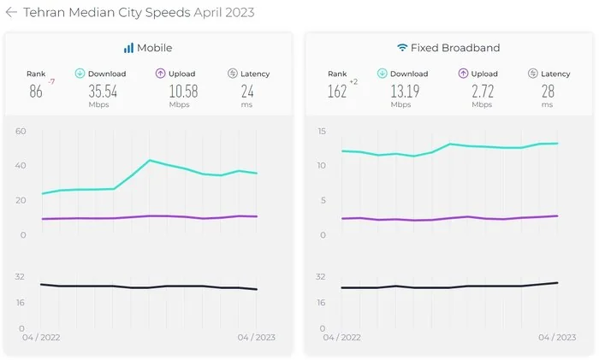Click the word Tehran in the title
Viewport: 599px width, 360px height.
point(45,13)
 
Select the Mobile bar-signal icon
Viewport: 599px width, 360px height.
point(128,48)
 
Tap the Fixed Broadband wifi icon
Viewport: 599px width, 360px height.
point(402,48)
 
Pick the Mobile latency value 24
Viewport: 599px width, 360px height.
point(247,91)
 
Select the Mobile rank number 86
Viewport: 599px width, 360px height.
point(35,91)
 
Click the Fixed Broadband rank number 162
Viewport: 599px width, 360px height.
point(337,91)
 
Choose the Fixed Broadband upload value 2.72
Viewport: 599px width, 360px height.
point(482,91)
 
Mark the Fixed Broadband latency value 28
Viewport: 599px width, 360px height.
point(547,91)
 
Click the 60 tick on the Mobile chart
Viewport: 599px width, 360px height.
point(21,131)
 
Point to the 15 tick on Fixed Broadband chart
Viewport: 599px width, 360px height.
point(321,131)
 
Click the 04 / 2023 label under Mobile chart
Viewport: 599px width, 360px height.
point(255,338)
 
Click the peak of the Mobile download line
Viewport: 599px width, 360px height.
point(150,160)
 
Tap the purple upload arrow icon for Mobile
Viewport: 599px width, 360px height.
point(161,74)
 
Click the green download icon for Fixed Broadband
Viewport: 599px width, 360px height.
point(382,74)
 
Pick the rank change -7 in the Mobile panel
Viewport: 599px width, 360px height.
point(51,82)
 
